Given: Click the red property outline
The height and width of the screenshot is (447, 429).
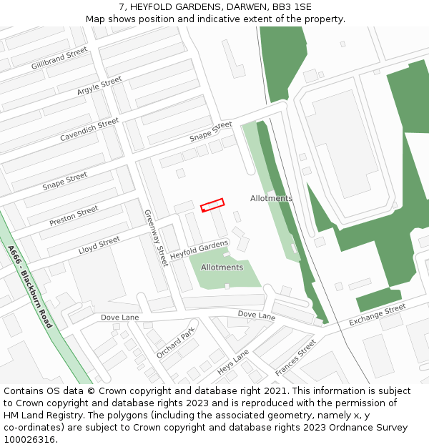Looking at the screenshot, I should point(212,205).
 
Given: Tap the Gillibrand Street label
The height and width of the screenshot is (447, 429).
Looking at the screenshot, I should point(59,59).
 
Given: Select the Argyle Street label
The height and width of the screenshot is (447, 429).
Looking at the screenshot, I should point(99,86).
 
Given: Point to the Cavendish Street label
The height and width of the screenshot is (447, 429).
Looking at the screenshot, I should point(89,129).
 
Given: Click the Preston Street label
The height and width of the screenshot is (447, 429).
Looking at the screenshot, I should point(74,216).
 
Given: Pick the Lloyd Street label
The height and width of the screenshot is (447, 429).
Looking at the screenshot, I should point(99,246).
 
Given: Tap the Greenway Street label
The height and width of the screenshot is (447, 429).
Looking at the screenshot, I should point(155,233).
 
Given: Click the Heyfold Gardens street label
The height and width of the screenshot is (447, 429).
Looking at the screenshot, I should point(199,250).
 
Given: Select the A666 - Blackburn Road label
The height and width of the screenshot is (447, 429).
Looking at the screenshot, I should point(30,287).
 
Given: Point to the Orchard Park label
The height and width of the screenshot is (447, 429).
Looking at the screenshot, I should point(175,343).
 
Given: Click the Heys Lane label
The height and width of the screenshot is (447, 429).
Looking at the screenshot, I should point(233,363).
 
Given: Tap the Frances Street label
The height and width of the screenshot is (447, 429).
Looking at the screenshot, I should point(295,358).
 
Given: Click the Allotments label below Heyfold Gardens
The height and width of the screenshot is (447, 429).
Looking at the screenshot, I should point(222,267).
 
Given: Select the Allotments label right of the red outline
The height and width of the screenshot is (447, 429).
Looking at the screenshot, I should point(271,198).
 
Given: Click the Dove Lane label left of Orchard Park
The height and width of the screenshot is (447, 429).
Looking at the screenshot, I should point(119,317).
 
